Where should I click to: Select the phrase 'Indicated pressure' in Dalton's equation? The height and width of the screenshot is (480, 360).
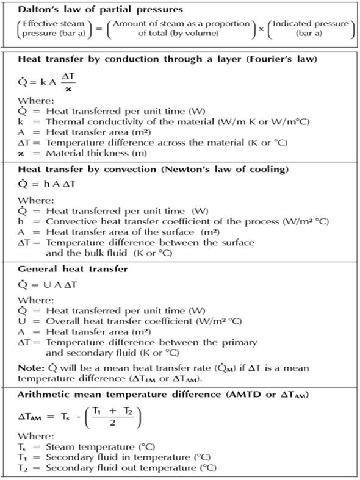[311, 24]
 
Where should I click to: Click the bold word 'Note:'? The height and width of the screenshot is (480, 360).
[31, 368]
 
